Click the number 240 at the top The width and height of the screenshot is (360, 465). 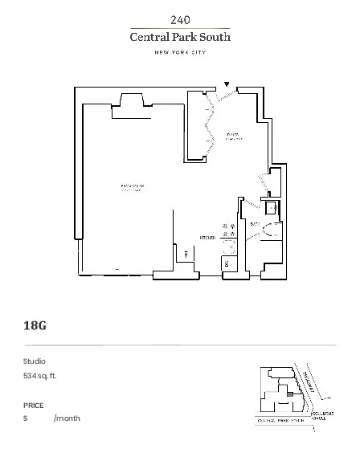[x=180, y=19]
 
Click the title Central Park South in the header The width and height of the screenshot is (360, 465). [x=180, y=36]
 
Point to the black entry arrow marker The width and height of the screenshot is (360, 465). [x=227, y=84]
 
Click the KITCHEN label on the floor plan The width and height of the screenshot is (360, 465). [x=208, y=238]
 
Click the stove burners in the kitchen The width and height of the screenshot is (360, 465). [x=227, y=227]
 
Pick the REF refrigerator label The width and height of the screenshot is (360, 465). [x=186, y=254]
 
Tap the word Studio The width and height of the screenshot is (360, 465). [x=35, y=361]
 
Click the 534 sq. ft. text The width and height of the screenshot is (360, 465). [x=40, y=376]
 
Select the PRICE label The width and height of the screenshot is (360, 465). [x=34, y=406]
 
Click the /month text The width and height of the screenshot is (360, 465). [x=67, y=418]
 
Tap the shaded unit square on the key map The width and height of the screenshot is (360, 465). [x=289, y=394]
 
